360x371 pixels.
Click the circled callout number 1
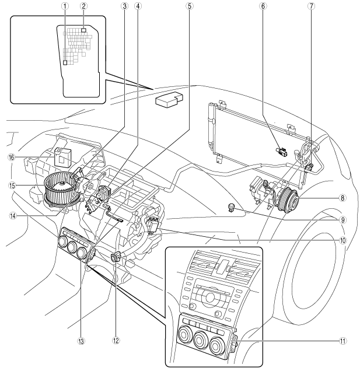65,6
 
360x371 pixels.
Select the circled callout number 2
83,6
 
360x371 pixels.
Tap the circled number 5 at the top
189,6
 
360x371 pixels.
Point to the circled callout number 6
263,6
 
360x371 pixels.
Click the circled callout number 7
311,6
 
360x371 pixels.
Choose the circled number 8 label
342,198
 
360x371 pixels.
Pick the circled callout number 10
342,241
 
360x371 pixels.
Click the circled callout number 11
342,341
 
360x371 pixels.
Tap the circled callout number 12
116,341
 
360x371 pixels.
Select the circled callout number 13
81,341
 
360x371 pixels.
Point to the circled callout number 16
11,157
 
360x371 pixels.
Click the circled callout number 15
12,185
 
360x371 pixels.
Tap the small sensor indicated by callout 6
282,152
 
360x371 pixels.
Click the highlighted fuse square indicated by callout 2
83,30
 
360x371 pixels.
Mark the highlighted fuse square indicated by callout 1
65,62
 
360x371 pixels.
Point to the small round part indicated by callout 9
231,206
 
